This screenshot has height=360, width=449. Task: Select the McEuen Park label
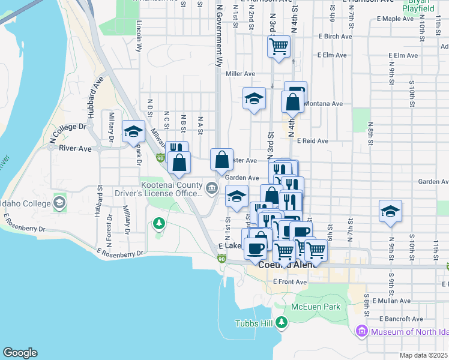pos(315,307)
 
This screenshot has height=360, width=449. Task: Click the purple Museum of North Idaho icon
pos(361,331)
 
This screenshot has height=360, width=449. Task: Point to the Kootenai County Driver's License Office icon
pos(211,190)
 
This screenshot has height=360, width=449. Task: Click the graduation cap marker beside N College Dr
pos(133,131)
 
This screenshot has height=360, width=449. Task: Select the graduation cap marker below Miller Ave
pos(255,98)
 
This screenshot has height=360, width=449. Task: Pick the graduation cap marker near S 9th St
pos(390,211)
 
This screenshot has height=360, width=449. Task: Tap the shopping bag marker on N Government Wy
pos(221,160)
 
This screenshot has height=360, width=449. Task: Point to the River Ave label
pos(74,148)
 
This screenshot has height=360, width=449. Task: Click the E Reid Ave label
pos(312,141)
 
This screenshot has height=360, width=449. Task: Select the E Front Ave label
pos(290,281)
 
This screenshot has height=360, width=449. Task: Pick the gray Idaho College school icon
pos(59,202)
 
